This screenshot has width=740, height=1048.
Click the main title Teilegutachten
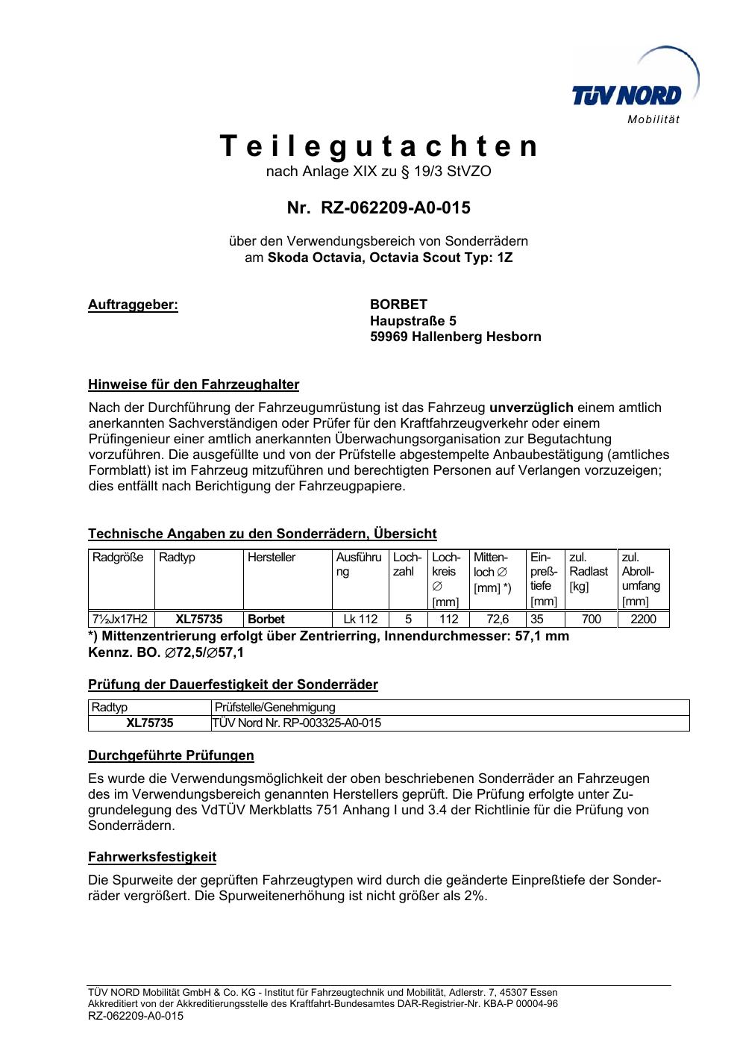coord(379,146)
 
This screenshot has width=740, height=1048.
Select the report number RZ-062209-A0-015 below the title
coord(395,208)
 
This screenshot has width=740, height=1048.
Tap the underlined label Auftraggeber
coord(133,305)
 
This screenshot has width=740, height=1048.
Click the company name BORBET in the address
coord(399,305)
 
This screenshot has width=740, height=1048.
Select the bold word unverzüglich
coord(531,408)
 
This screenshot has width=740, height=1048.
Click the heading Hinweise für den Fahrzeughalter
coord(193,385)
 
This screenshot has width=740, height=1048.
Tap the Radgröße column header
coord(118,558)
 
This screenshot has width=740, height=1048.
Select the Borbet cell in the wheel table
coord(266,619)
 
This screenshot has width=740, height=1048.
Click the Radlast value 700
coord(591,619)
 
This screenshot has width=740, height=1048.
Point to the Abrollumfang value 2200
coord(643,619)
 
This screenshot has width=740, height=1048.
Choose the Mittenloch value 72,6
coord(498,619)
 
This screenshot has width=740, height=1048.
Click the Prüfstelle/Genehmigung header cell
coord(275,708)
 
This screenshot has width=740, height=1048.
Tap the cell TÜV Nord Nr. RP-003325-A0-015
coord(297,723)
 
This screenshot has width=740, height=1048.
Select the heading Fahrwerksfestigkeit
coord(152,857)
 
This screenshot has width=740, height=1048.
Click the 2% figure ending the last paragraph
coord(474,896)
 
